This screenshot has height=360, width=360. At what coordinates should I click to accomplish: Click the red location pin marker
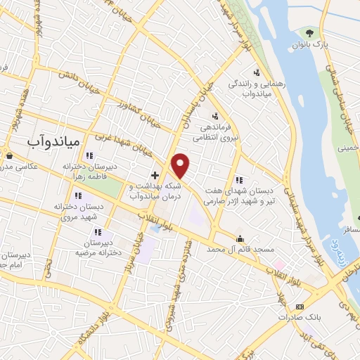pyautogui.click(x=181, y=166)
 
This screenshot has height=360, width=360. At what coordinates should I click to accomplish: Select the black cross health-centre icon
pyautogui.click(x=155, y=174)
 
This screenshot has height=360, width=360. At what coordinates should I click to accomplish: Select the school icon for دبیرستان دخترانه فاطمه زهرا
pyautogui.click(x=89, y=155)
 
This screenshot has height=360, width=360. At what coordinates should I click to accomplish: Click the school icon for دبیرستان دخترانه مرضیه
pyautogui.click(x=98, y=231)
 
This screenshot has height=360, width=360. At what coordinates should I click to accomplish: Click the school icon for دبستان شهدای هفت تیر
pyautogui.click(x=239, y=179)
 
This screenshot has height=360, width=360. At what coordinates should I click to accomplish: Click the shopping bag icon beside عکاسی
pyautogui.click(x=8, y=155)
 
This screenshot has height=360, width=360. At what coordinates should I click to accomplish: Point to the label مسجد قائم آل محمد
pyautogui.click(x=243, y=250)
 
